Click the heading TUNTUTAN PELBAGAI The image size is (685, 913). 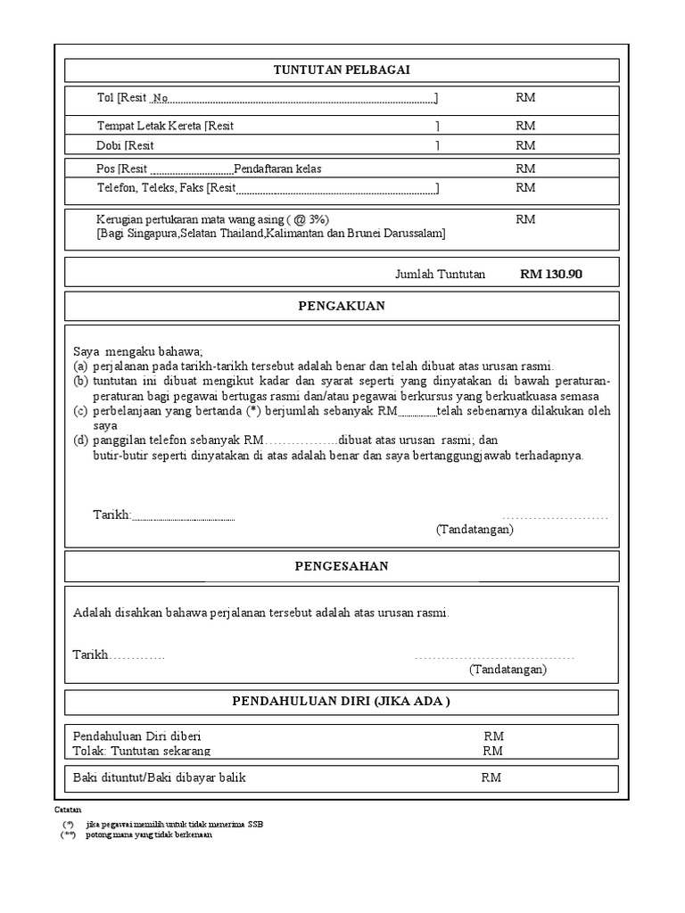(342, 70)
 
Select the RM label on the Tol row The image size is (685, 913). (525, 98)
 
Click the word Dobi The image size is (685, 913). (109, 145)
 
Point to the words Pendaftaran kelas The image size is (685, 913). (277, 169)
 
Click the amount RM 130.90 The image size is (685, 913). (550, 275)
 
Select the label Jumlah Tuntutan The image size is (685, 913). (440, 275)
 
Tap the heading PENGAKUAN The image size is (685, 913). (342, 306)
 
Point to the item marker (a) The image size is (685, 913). (80, 366)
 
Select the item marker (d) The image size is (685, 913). (80, 440)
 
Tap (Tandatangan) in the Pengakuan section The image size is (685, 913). (475, 530)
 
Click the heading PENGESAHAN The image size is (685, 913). (342, 566)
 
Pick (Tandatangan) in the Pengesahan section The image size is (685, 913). (508, 669)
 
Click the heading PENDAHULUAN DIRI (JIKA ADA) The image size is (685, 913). (342, 701)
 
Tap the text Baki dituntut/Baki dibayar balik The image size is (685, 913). (159, 777)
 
